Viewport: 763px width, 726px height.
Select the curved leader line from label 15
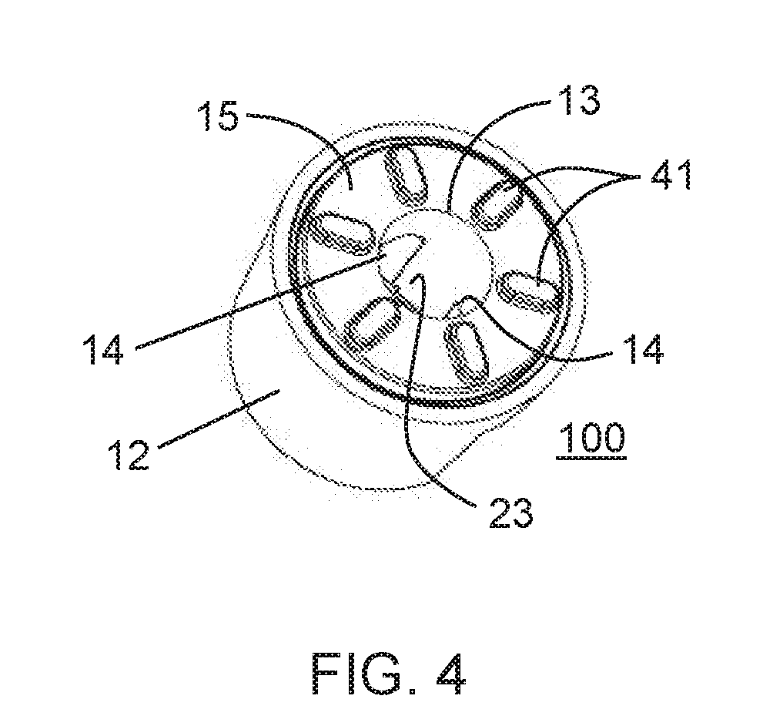point(300,131)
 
